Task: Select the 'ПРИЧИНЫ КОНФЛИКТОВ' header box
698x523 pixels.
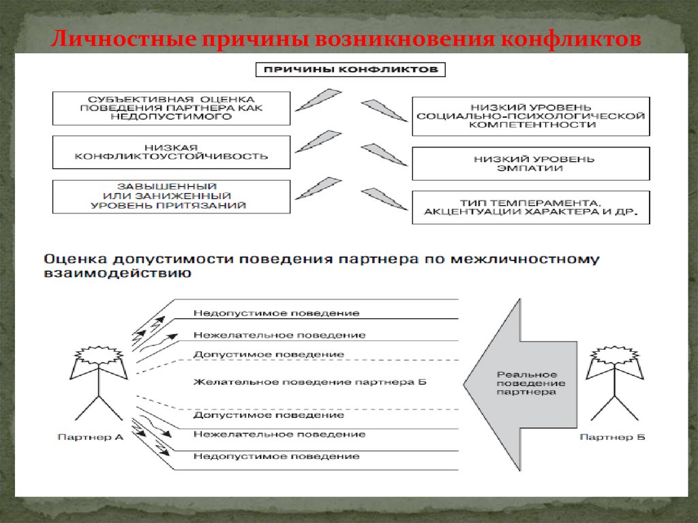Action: tap(350, 70)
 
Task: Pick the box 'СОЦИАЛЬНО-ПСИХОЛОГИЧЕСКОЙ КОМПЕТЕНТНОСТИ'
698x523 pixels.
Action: tap(530, 116)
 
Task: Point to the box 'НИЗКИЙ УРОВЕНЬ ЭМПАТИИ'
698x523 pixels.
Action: tap(530, 164)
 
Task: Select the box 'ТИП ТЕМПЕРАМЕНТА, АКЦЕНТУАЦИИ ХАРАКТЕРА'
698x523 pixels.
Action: tap(530, 207)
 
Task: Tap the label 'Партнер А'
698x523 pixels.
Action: tap(91, 437)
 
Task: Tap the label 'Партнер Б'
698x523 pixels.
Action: tap(612, 437)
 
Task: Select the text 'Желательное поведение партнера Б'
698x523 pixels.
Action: tap(309, 382)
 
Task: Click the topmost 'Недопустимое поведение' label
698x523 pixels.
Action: tap(276, 313)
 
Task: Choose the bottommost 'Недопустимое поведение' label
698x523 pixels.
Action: tap(276, 456)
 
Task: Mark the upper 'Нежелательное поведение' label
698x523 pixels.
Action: tap(279, 335)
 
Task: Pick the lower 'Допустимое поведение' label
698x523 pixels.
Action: tap(268, 415)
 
